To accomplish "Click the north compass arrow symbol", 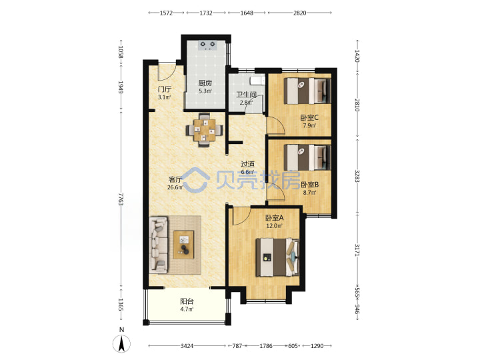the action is click(x=122, y=343).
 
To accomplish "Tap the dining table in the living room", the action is click(x=204, y=130).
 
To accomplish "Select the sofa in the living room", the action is click(x=159, y=245).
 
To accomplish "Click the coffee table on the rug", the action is click(x=184, y=245).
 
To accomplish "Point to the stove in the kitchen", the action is click(x=207, y=45).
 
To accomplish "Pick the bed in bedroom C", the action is click(x=307, y=91).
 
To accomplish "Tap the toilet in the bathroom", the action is click(x=257, y=81).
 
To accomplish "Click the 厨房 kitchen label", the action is click(x=205, y=83).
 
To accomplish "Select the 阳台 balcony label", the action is click(x=187, y=301).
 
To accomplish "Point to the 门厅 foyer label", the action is click(x=165, y=89).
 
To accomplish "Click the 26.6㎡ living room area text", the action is click(x=175, y=187).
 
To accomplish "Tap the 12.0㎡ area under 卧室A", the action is click(x=274, y=226).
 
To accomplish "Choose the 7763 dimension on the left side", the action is click(x=121, y=199).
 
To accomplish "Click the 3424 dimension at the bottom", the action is click(x=187, y=346).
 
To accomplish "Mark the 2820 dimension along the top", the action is click(x=300, y=13).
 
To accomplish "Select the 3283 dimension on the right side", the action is click(x=357, y=176).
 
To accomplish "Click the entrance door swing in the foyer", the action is click(x=167, y=73).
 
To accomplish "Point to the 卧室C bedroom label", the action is click(x=309, y=117).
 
